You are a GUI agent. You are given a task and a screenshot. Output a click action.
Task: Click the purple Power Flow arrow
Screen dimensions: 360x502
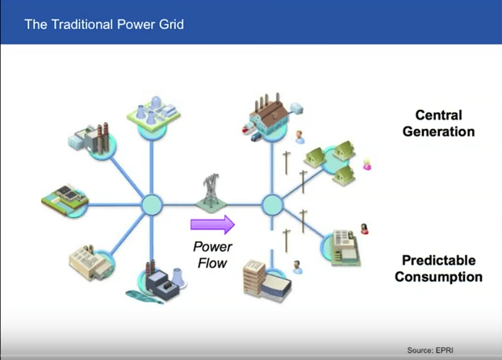coord(212,224)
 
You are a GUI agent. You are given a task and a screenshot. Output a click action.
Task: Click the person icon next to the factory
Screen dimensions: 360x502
coord(300,134)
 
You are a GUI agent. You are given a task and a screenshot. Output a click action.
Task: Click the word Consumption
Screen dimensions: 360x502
coord(442,277)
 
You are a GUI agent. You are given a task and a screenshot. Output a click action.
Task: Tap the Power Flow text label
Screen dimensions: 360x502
coord(212,254)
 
